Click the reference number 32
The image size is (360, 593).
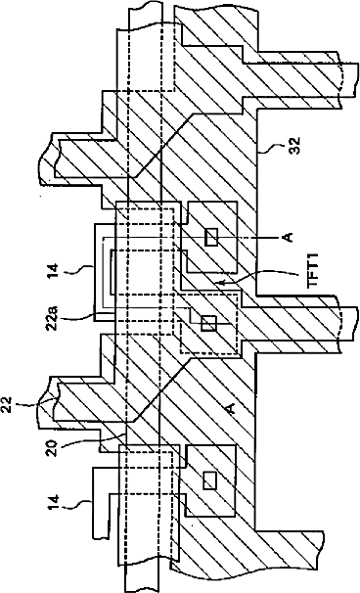tap(294, 145)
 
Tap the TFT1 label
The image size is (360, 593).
tap(313, 270)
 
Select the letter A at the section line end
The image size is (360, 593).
tap(288, 237)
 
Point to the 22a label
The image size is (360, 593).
tap(53, 318)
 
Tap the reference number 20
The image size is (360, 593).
tap(53, 447)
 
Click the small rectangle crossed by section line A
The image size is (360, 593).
tap(211, 237)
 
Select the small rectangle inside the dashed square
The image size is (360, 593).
tap(209, 323)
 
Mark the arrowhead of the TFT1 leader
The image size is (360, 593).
tap(217, 282)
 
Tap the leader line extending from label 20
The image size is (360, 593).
tap(93, 439)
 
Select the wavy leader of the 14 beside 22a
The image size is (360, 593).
tap(76, 269)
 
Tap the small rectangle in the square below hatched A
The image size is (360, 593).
tap(210, 480)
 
